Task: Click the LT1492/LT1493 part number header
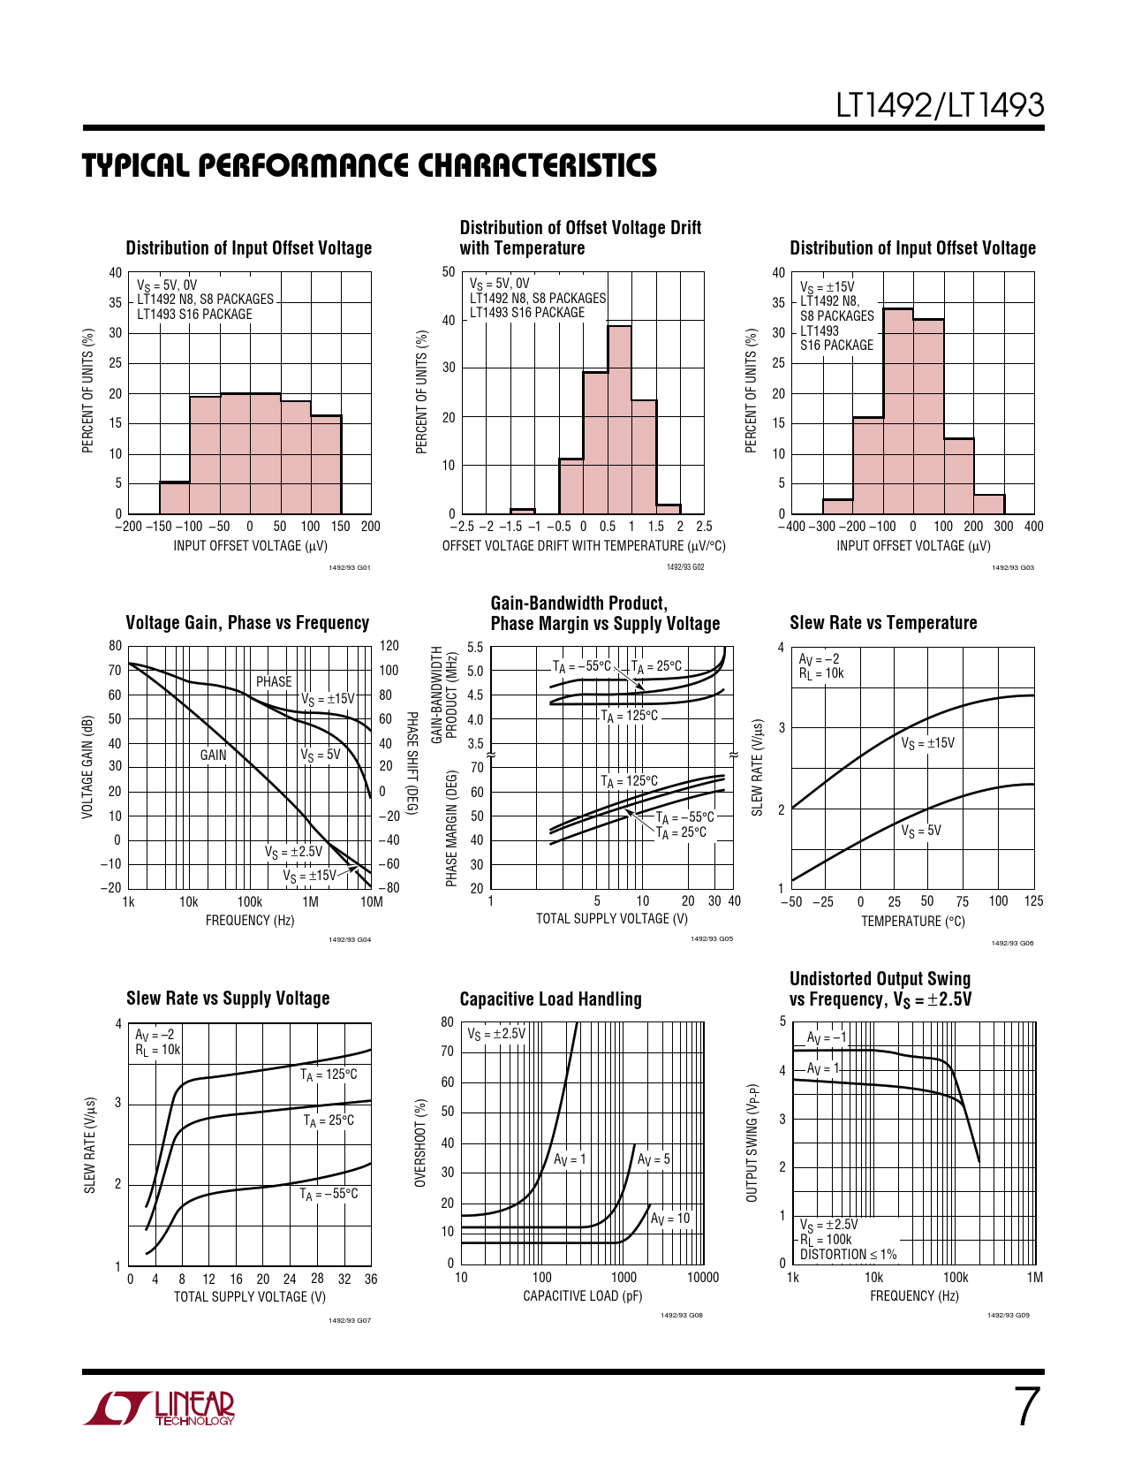940,106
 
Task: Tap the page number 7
1026,1407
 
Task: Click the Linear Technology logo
160,1409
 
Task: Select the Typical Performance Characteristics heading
369,166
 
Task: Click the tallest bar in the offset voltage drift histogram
619,420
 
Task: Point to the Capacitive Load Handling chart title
550,999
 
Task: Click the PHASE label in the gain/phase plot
274,681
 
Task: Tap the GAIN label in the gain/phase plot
213,755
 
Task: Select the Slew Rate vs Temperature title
883,623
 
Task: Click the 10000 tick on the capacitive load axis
703,1277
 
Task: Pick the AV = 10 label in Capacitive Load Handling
670,1219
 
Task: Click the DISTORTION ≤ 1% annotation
848,1254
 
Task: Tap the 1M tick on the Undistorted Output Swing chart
1034,1277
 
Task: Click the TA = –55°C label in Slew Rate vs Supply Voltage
329,1194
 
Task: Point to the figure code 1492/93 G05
711,939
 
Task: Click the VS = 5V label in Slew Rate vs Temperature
921,831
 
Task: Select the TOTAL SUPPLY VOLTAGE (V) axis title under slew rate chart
249,1296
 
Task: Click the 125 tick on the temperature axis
1033,901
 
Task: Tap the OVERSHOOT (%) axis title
421,1143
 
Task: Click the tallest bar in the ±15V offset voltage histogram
897,411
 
